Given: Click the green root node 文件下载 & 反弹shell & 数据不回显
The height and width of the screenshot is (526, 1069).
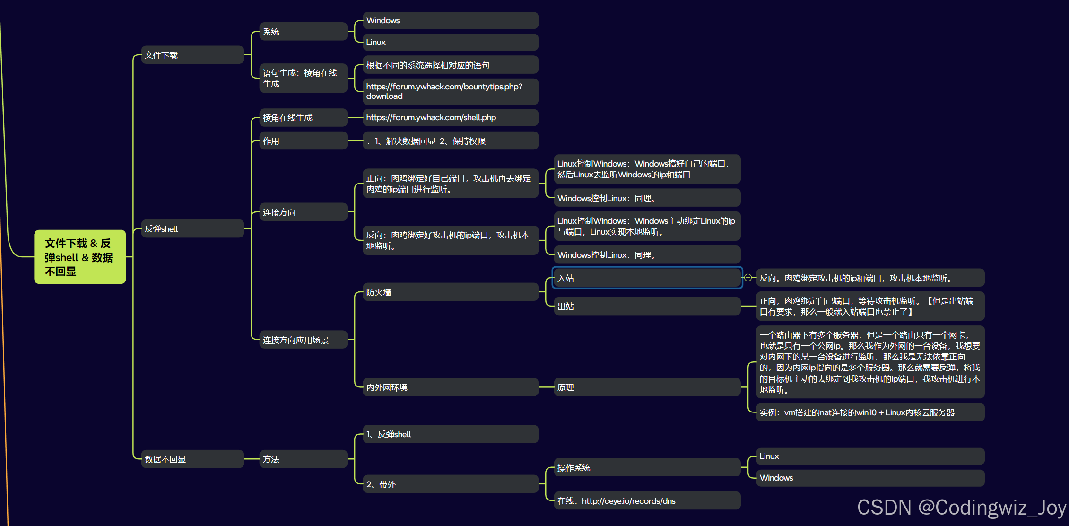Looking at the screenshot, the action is tap(80, 257).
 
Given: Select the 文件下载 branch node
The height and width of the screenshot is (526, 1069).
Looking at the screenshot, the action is tap(192, 55).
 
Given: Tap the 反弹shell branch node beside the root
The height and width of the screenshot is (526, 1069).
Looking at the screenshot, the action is tap(192, 228).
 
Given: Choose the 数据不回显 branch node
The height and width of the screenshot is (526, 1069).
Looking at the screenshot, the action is tap(192, 459).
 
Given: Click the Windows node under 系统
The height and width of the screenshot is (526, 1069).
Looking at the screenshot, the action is tap(451, 20).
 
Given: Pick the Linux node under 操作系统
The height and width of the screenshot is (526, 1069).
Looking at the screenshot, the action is tap(870, 456).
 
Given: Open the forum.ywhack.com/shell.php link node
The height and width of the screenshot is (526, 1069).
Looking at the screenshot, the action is tap(451, 117).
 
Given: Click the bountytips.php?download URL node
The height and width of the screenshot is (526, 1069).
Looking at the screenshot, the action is tap(451, 91).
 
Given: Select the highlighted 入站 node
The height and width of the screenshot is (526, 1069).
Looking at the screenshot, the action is tap(647, 278).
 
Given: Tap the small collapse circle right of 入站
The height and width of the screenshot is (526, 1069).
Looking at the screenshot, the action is tap(748, 278).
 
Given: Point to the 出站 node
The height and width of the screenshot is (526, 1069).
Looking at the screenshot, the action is tap(647, 306).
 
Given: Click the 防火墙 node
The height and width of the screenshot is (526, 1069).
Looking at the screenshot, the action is tap(451, 292).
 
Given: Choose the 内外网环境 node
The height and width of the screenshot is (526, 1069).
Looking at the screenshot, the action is tap(451, 387).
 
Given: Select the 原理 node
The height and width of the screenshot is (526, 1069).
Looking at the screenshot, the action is tap(647, 387).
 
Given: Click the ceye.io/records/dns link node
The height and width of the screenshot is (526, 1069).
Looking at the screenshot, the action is tap(647, 500).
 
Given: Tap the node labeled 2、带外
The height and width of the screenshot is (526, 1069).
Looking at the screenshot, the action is tap(451, 484).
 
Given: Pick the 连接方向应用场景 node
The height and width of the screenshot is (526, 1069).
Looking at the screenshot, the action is tap(304, 340).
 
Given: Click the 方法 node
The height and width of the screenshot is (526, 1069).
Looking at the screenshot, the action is tap(304, 459).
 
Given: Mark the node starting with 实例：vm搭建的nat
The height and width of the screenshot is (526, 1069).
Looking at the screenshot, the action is tap(870, 412).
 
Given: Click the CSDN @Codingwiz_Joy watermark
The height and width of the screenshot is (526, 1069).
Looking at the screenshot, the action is tap(961, 508).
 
